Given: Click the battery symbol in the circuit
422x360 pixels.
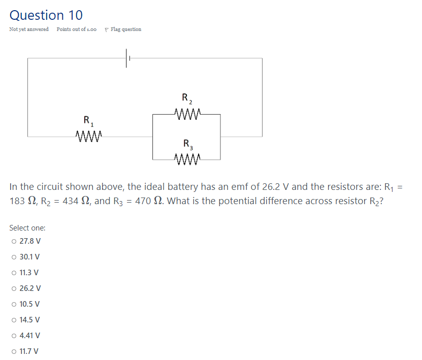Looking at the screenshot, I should coord(127,58).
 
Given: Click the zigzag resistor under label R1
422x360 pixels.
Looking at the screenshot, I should coord(89,136).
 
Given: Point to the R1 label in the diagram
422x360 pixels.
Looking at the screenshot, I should coord(88,121).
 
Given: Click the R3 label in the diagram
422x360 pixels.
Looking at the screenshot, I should coord(186,144).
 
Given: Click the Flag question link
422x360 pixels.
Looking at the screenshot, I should coord(125,29).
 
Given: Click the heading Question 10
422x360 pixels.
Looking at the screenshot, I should coord(46,15).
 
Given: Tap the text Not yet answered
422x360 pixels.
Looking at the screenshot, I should coord(29,29).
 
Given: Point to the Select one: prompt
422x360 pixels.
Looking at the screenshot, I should coord(27,228).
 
